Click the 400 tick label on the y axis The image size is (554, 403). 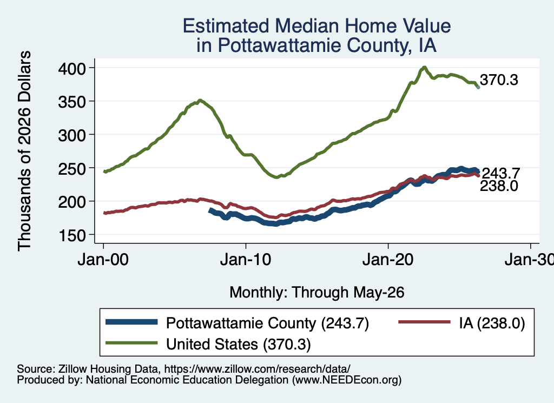[72, 69]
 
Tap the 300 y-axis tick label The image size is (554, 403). [72, 135]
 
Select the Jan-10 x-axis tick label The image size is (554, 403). [246, 260]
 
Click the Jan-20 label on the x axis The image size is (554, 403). [388, 260]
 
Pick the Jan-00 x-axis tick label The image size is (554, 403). [103, 260]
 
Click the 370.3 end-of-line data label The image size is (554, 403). [499, 80]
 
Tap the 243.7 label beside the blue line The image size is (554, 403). [501, 174]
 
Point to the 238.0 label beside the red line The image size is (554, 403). [499, 186]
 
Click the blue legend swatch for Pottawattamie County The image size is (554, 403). [131, 322]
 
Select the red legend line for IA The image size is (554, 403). [424, 322]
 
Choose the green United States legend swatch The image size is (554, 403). [131, 343]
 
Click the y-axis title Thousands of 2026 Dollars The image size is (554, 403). [24, 151]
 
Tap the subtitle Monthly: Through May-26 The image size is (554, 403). [317, 293]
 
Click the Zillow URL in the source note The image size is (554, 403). [257, 369]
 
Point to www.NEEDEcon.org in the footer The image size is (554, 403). [347, 380]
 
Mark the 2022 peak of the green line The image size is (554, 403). [424, 67]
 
